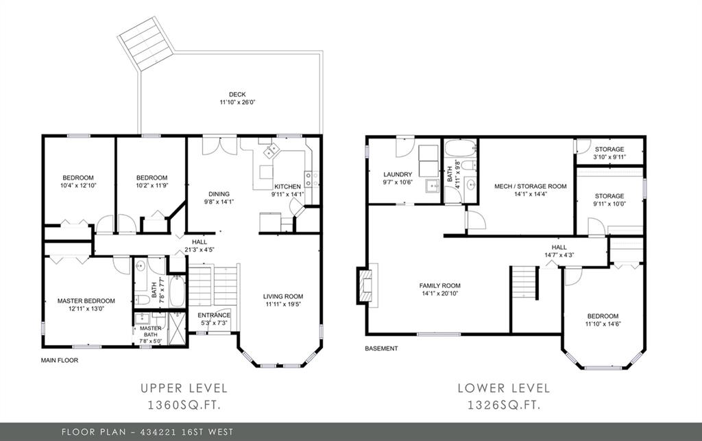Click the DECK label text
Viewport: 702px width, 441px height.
pyautogui.click(x=237, y=95)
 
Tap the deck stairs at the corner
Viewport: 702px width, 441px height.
pyautogui.click(x=145, y=43)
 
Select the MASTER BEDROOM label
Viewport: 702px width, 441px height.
pyautogui.click(x=86, y=301)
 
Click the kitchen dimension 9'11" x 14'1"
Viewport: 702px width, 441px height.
pyautogui.click(x=287, y=194)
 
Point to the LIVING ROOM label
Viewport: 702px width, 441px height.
pyautogui.click(x=283, y=296)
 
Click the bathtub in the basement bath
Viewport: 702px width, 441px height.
pyautogui.click(x=461, y=147)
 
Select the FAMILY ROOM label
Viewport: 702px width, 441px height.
pyautogui.click(x=439, y=285)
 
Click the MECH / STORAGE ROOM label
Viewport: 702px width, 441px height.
pyautogui.click(x=530, y=187)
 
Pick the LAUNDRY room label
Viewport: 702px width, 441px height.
pyautogui.click(x=398, y=175)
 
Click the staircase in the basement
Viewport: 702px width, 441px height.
pyautogui.click(x=524, y=283)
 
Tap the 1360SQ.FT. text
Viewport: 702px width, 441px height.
pyautogui.click(x=184, y=405)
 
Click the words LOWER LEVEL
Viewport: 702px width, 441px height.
pyautogui.click(x=504, y=388)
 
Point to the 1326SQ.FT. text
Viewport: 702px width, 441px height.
pyautogui.click(x=504, y=405)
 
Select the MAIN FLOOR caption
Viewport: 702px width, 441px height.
pyautogui.click(x=60, y=360)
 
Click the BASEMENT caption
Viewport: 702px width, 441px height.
pyautogui.click(x=381, y=348)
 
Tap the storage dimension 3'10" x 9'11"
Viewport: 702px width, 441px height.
pyautogui.click(x=609, y=157)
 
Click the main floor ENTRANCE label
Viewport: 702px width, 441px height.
pyautogui.click(x=214, y=315)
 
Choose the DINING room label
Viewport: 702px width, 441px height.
pyautogui.click(x=219, y=194)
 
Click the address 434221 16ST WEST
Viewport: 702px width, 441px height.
pyautogui.click(x=186, y=432)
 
